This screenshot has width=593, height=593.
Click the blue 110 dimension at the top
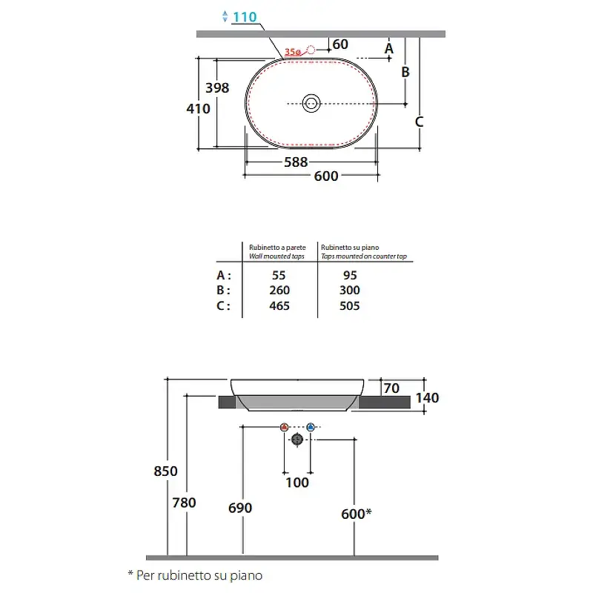click(x=245, y=17)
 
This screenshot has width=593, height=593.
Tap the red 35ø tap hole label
click(x=293, y=52)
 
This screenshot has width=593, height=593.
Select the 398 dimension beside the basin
click(x=217, y=87)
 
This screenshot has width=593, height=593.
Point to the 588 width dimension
click(x=296, y=162)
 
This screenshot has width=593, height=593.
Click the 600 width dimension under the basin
click(x=326, y=176)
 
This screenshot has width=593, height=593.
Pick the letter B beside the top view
click(x=405, y=72)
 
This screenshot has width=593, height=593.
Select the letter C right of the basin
click(x=419, y=122)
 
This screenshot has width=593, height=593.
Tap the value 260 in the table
click(x=279, y=290)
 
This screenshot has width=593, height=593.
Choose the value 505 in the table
click(x=349, y=305)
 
